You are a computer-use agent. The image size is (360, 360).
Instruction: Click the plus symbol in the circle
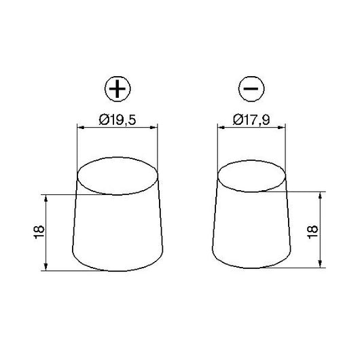click(118, 90)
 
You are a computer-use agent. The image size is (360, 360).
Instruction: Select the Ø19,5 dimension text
click(118, 120)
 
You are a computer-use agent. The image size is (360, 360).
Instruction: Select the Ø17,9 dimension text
click(251, 120)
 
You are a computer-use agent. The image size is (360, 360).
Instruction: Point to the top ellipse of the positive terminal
click(118, 175)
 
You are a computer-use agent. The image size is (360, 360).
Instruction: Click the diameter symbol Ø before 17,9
click(236, 120)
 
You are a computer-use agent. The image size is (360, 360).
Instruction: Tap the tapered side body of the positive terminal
click(118, 231)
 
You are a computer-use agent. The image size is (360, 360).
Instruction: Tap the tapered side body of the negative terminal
click(251, 231)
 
